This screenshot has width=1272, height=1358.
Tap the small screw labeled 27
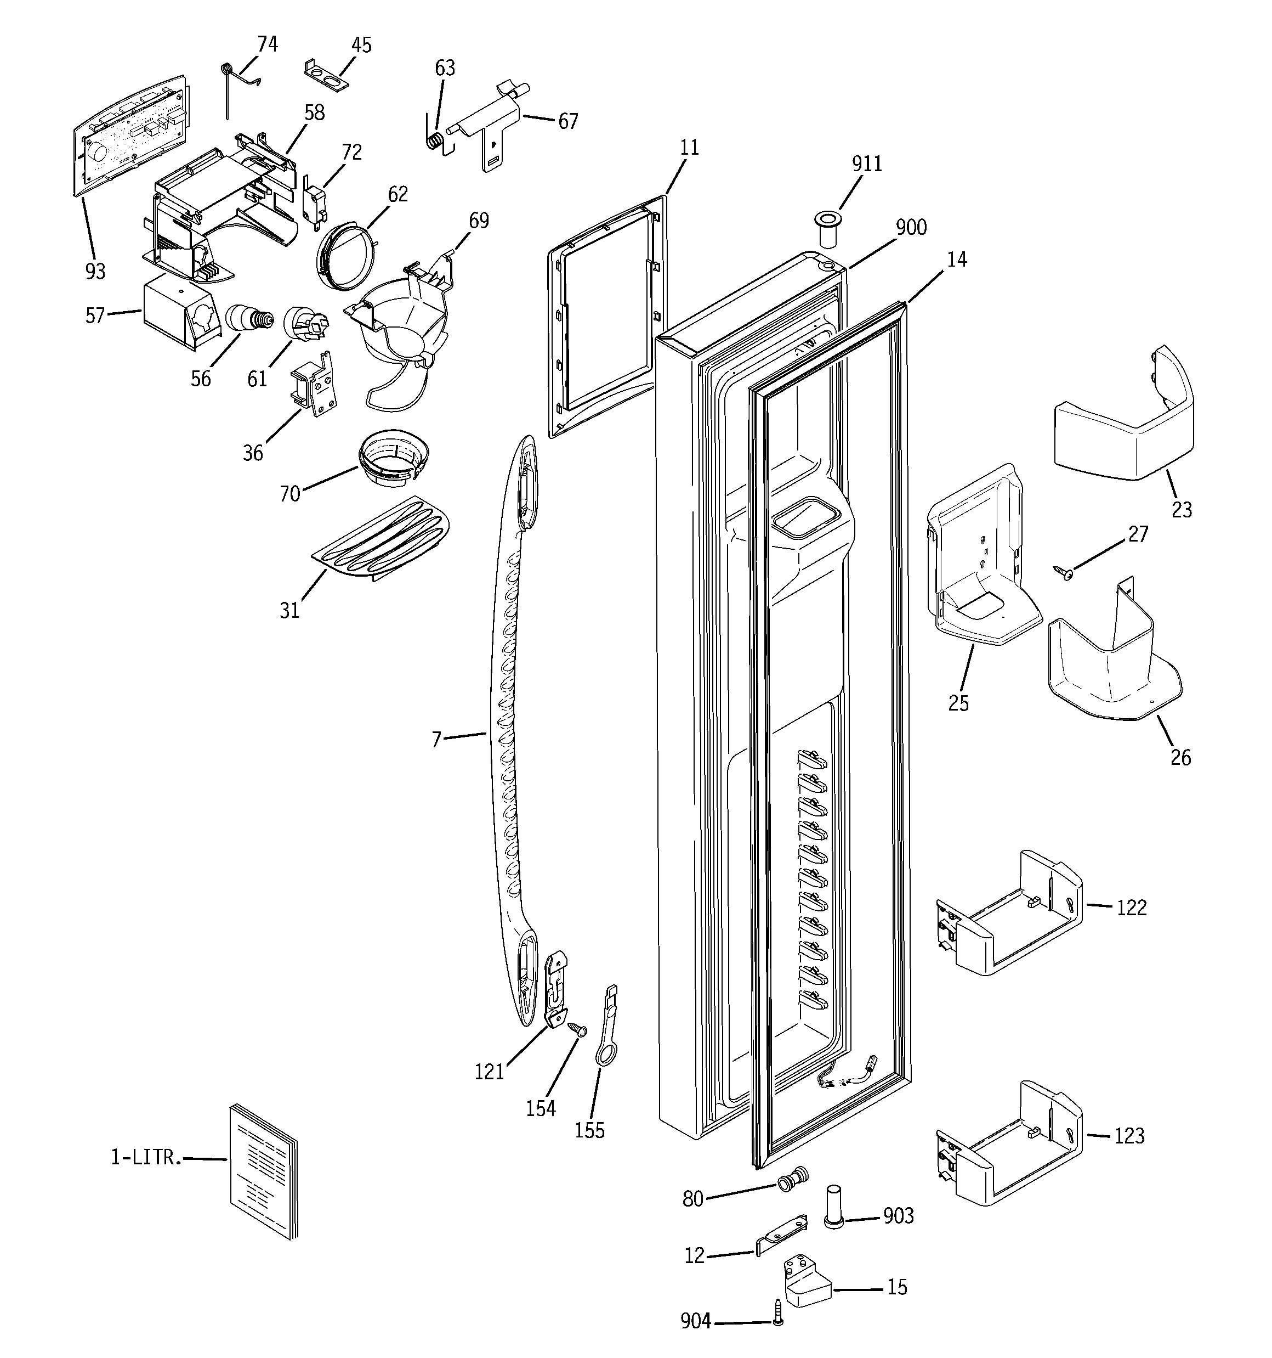pos(1063,572)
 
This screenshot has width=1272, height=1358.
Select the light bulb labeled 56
pos(247,318)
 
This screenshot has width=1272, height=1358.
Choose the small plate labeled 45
pos(326,75)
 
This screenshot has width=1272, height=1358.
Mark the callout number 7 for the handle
pos(436,739)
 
